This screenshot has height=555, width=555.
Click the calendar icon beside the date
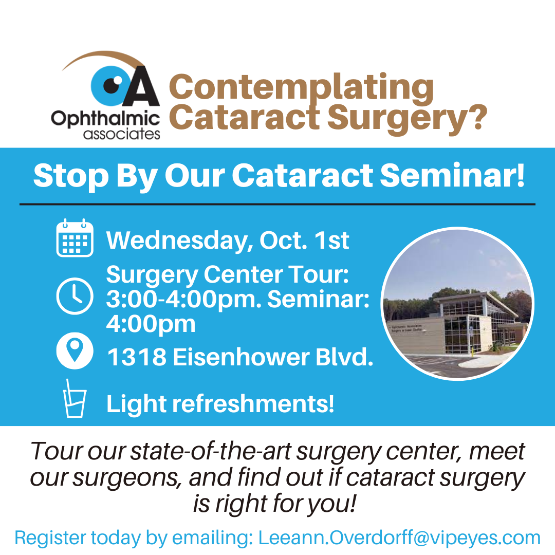point(75,237)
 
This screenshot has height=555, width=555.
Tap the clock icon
point(75,296)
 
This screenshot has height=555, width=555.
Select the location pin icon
point(75,350)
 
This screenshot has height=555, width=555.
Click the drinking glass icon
point(75,399)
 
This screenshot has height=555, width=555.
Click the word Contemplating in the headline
point(301,88)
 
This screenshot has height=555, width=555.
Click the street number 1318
point(137,357)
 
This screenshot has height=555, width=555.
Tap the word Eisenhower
point(241,357)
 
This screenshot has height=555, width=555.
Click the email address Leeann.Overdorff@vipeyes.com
point(399,538)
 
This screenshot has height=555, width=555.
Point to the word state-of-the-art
point(211,451)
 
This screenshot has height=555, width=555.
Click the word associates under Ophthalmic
point(122,134)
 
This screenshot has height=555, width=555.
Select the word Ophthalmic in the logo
point(105,119)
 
